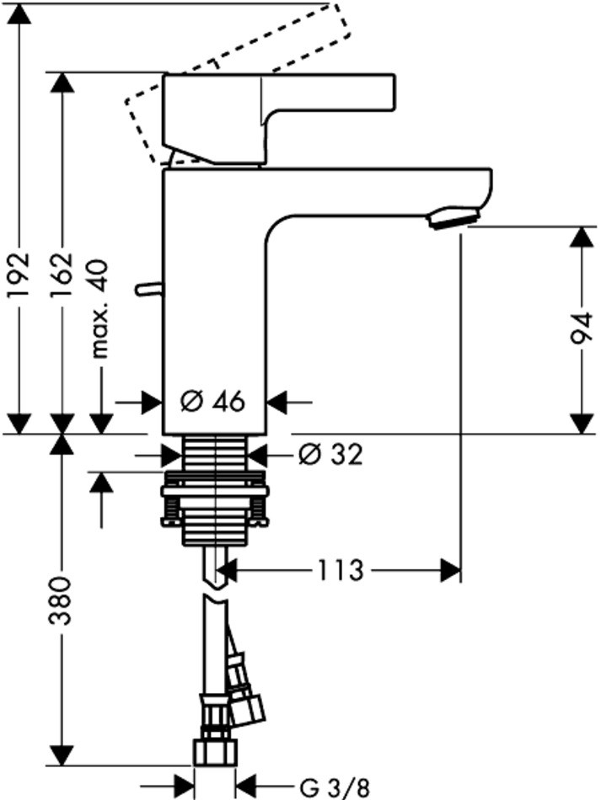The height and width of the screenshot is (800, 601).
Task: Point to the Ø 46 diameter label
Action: point(214,402)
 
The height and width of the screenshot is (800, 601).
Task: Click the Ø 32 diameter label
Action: point(331,455)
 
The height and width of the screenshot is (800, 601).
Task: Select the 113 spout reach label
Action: point(341,570)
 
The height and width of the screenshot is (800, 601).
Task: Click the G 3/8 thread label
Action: point(335,787)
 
